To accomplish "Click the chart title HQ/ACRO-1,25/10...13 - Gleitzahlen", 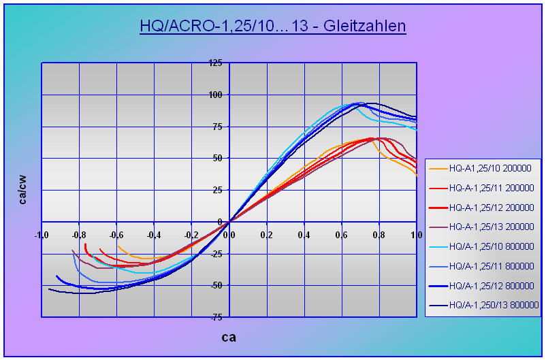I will click(272, 27).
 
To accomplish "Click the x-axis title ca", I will click(229, 337).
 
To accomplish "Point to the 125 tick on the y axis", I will click(215, 63).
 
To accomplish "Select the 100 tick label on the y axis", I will click(215, 95).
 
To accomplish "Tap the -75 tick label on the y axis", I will click(215, 317).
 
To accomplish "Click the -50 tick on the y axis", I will click(215, 285).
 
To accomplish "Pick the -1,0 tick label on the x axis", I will click(42, 235).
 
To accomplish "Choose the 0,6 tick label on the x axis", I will click(341, 235).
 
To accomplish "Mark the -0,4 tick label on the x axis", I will click(154, 235).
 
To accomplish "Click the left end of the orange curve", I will click(118, 246).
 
